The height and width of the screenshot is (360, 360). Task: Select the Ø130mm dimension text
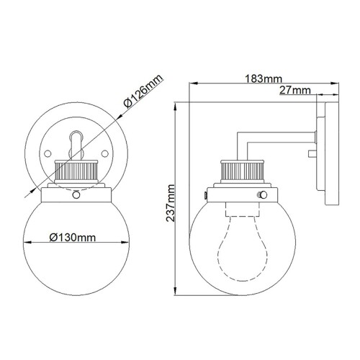point(73,235)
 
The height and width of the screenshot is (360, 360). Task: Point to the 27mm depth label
point(294,89)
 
